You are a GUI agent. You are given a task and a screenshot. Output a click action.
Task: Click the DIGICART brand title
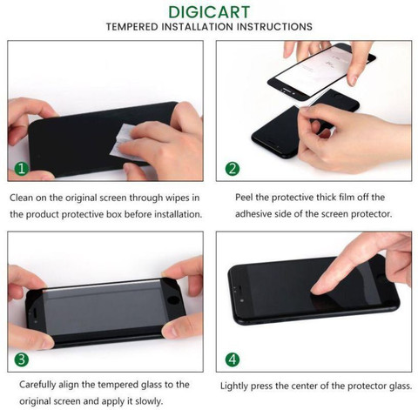click(x=209, y=12)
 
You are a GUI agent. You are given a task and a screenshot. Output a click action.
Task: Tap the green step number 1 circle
click(x=22, y=169)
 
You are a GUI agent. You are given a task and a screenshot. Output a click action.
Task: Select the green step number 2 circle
click(x=233, y=169)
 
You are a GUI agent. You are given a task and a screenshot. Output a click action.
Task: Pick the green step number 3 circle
click(x=22, y=360)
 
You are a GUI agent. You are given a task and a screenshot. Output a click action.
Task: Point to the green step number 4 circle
click(x=233, y=360)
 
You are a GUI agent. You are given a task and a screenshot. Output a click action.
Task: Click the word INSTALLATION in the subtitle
click(x=198, y=27)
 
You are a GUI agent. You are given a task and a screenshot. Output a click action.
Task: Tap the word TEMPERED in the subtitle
click(x=132, y=27)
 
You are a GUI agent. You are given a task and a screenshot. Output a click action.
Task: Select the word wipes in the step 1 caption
click(x=177, y=198)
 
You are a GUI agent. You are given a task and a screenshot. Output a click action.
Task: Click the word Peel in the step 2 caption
click(x=244, y=198)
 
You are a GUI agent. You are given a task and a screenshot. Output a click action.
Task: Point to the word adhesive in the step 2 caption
click(x=253, y=214)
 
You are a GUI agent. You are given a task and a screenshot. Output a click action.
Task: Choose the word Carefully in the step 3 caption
click(x=37, y=385)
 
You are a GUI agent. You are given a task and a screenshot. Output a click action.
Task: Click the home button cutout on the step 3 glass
click(x=173, y=300)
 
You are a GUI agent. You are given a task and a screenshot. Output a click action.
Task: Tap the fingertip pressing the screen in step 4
click(x=317, y=290)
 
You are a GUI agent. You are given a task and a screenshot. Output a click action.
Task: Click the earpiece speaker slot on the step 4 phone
click(x=238, y=287)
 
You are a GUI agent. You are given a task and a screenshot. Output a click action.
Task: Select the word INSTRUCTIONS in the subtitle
click(x=274, y=27)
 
